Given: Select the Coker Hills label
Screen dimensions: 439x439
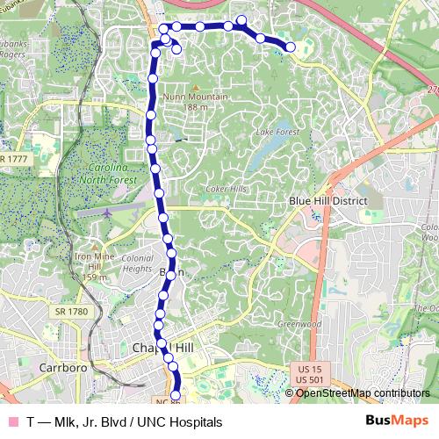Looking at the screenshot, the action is click(226, 189).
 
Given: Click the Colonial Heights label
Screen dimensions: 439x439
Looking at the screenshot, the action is click(137, 263).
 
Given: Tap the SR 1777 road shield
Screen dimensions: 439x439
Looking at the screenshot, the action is click(13, 158).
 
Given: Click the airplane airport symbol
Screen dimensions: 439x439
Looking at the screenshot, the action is click(107, 212).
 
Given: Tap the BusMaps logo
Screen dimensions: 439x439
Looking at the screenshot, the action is click(397, 421).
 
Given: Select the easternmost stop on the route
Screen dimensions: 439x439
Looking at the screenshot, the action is click(290, 47).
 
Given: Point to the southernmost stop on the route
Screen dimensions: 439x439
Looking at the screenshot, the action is click(175, 397).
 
